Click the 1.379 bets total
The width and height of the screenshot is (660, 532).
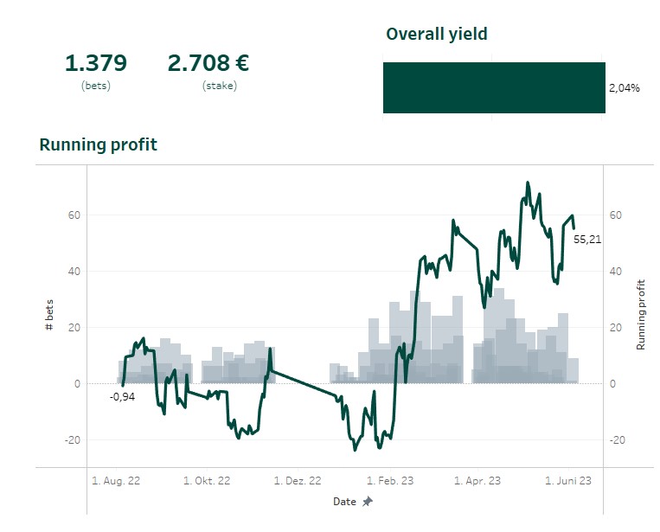[x=96, y=63]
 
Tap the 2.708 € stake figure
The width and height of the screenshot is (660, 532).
[x=208, y=63]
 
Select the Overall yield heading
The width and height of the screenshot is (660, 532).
[x=436, y=34]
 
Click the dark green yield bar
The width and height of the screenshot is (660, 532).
[x=494, y=87]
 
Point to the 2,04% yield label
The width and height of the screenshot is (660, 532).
[x=624, y=87]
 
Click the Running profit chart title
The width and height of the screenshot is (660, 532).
[x=98, y=144]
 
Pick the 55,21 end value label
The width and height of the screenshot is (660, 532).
[x=587, y=239]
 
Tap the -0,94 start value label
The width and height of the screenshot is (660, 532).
[x=122, y=397]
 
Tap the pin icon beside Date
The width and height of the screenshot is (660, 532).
[x=368, y=502]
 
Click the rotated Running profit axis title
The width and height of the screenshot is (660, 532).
[x=641, y=314]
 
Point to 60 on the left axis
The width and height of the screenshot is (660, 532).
[x=74, y=215]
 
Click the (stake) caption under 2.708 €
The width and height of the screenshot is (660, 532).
[x=219, y=86]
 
